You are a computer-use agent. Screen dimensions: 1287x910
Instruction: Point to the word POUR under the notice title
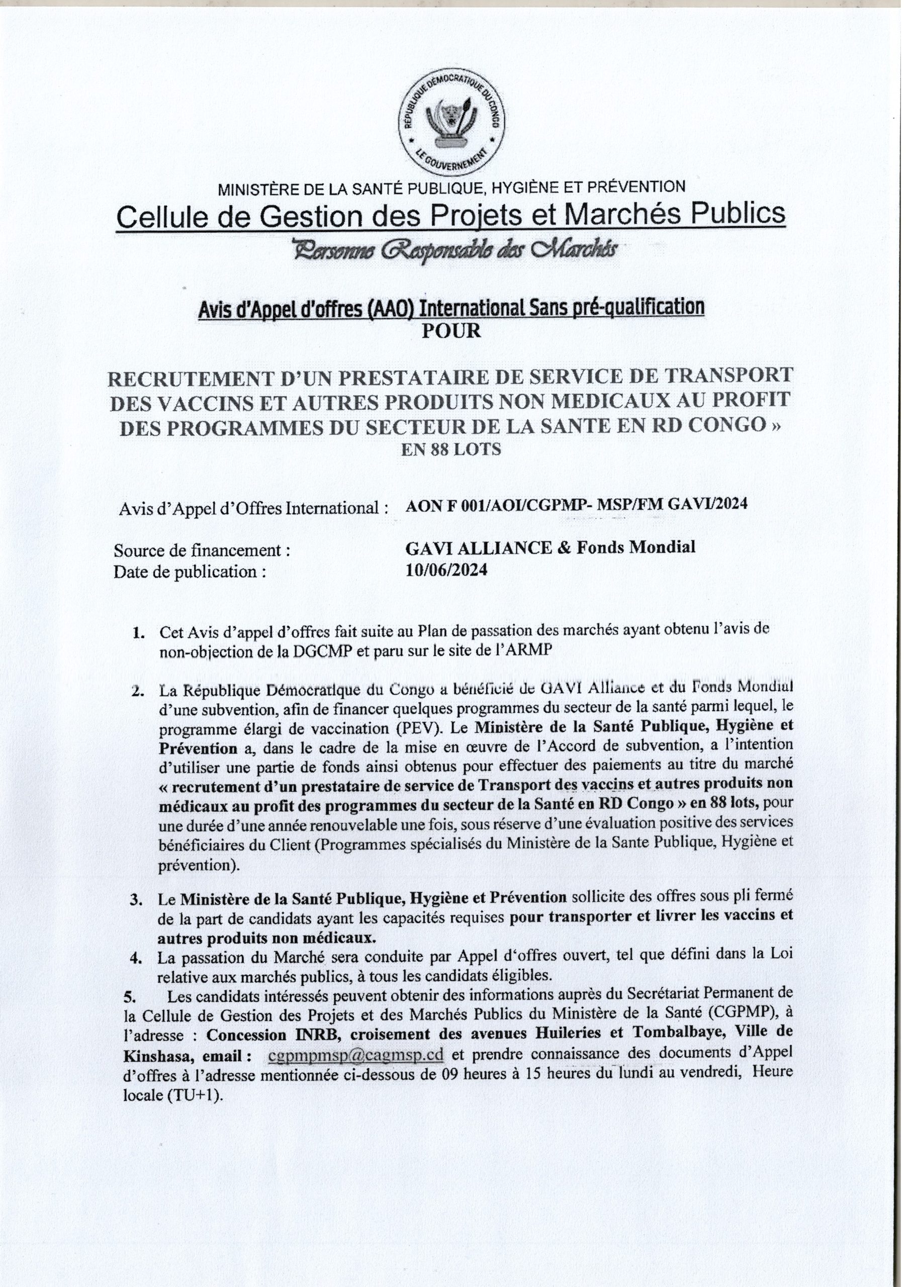pyautogui.click(x=451, y=331)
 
